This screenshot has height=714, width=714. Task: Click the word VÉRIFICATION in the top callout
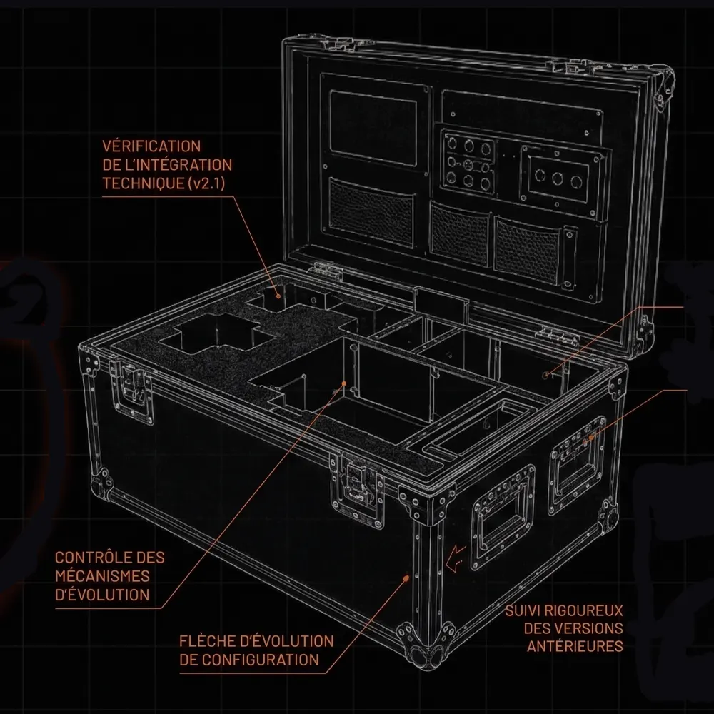(151, 146)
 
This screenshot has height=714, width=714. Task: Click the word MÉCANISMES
(102, 576)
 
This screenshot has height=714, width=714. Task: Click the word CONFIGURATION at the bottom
(260, 660)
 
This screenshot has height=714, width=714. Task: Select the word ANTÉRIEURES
(575, 646)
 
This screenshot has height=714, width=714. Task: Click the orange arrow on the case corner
(456, 558)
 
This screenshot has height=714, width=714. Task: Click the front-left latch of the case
(131, 390)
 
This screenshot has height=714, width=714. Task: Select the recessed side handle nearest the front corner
(503, 518)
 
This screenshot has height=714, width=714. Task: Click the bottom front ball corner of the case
(426, 648)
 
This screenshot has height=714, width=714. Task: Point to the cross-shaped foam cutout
(217, 336)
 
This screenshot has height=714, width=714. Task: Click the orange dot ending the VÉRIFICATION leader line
(278, 296)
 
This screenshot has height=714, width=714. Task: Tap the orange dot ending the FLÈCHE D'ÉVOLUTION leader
(407, 578)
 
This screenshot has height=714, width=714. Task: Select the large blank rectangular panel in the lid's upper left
(373, 127)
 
